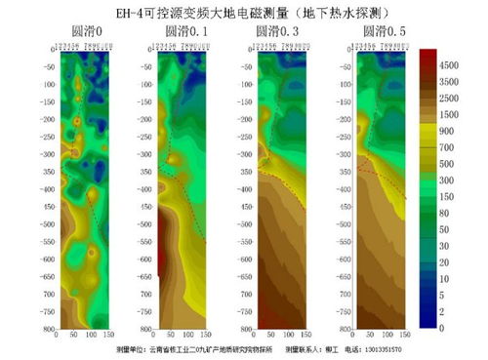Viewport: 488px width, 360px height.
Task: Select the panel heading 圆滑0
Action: click(79, 30)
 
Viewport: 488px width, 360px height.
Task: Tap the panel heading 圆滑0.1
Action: click(180, 30)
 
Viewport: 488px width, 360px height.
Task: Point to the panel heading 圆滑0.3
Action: click(277, 30)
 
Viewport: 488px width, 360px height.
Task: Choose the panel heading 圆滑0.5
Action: click(376, 30)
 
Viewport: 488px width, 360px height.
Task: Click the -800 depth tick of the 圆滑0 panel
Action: click(46, 329)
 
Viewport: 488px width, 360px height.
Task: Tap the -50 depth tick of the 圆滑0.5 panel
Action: click(340, 66)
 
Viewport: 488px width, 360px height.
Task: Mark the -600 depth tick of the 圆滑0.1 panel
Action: click(144, 260)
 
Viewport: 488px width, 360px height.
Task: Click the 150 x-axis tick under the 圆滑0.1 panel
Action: click(206, 336)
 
